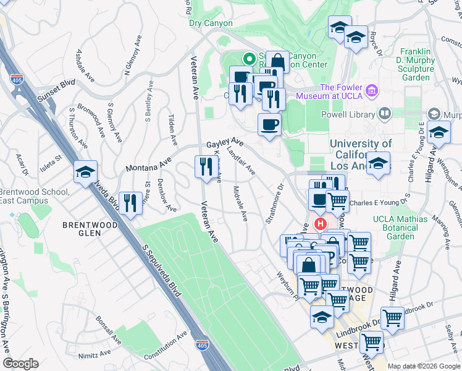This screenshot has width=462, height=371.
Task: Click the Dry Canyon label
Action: tap(211, 23)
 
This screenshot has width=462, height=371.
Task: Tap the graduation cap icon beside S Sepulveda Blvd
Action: tap(86, 173)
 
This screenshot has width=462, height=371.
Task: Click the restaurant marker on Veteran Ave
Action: tap(205, 166)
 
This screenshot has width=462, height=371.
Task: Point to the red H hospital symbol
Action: tap(320, 223)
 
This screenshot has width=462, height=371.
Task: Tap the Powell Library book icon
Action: tap(384, 113)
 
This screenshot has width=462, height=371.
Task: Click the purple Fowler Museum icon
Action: tap(371, 92)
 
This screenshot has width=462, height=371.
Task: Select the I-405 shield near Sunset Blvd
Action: tap(16, 79)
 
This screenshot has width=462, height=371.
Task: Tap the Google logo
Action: tap(20, 364)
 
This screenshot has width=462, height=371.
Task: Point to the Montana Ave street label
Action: tap(148, 164)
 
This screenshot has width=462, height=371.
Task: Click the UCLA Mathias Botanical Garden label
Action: tap(400, 227)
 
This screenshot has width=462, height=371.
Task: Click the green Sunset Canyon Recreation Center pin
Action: tap(250, 59)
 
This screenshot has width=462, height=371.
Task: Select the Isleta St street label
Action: tap(51, 158)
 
